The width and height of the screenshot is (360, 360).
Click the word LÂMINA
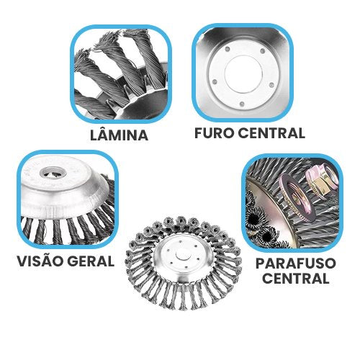click(119, 135)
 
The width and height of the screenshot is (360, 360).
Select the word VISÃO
click(40, 261)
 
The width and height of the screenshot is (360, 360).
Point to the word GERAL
click(91, 261)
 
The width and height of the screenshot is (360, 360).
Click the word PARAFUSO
click(296, 264)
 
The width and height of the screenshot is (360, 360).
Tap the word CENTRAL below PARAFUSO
click(296, 279)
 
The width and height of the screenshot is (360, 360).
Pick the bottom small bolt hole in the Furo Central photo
click(242, 104)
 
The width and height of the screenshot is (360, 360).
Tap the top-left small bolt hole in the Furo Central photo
click(228, 49)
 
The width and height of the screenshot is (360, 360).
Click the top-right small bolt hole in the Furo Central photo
click(263, 51)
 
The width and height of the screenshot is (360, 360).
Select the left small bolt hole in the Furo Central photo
click(215, 81)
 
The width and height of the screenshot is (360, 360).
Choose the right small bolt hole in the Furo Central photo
click(271, 85)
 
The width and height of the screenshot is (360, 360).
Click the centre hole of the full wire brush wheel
click(183, 256)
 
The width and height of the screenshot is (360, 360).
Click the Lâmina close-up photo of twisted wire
click(121, 74)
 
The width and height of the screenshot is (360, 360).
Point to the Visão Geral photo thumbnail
click(68, 199)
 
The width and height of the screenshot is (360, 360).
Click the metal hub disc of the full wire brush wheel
click(184, 256)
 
